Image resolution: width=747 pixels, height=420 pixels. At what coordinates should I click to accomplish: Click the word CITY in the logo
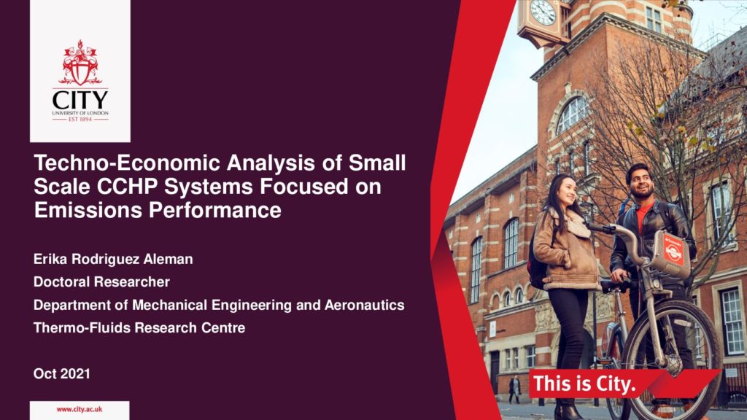[80, 101]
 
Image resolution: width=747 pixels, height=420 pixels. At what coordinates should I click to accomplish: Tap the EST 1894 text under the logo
[80, 119]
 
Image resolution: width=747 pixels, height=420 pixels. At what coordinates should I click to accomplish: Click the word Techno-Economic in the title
[128, 163]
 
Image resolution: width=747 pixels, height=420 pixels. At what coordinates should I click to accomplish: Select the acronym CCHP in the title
[127, 186]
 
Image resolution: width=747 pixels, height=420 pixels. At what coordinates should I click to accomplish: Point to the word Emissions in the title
[88, 210]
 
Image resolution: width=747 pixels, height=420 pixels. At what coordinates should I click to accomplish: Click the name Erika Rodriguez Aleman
[113, 260]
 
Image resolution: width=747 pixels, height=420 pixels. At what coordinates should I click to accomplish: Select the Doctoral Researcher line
[101, 282]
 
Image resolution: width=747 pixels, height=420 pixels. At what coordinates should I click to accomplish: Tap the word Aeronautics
[365, 305]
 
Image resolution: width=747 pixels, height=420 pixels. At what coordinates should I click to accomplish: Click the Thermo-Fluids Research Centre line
[139, 327]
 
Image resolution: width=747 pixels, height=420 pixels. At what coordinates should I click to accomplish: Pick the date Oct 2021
[62, 374]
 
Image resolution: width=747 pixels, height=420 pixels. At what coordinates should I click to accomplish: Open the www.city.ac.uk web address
[79, 409]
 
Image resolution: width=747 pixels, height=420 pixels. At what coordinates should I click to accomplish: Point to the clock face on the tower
[543, 12]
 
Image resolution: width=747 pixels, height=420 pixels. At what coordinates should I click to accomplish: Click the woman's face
[567, 190]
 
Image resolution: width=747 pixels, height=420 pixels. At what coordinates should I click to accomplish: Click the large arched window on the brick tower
[572, 114]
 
